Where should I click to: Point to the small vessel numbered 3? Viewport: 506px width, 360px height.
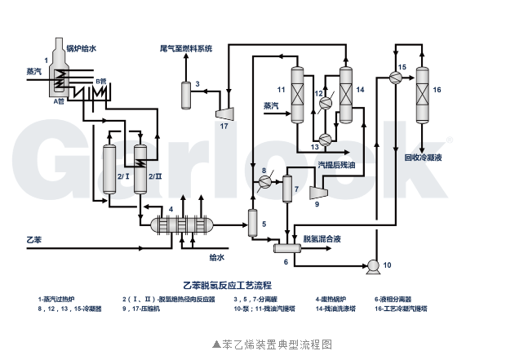coord(185,93)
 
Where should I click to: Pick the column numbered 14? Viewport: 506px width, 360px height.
coord(345,91)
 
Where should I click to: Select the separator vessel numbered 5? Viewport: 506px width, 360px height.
coord(251,221)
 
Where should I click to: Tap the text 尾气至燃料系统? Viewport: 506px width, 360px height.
coord(185,49)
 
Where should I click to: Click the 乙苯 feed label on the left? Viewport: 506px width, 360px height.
coord(33,240)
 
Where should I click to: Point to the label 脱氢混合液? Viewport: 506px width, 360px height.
coord(322,239)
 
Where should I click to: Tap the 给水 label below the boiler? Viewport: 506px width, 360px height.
coord(215,258)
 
